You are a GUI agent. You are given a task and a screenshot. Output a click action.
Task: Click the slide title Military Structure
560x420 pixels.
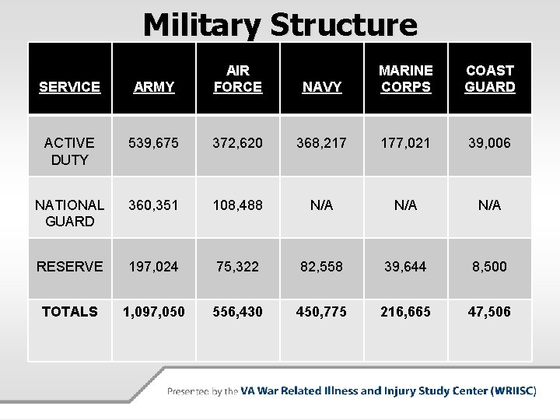(x=280, y=25)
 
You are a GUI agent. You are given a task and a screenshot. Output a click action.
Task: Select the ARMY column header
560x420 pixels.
(x=154, y=87)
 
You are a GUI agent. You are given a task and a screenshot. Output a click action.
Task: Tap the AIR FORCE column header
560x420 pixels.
(x=237, y=79)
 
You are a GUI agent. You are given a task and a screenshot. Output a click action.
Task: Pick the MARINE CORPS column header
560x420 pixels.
(x=405, y=79)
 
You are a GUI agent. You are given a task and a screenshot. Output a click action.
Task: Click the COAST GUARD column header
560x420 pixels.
(x=489, y=79)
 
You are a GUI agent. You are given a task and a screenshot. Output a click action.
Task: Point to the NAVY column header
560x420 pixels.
(x=321, y=87)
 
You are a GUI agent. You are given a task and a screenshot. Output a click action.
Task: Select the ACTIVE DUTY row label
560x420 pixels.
(x=69, y=151)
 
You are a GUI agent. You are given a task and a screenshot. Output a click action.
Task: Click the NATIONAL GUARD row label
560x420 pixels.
(x=69, y=212)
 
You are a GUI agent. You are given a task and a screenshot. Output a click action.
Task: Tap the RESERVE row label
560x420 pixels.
(x=69, y=267)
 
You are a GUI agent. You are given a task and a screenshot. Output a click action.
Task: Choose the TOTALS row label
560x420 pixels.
(x=69, y=311)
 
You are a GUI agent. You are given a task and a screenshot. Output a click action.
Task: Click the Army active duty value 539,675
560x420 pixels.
(x=154, y=143)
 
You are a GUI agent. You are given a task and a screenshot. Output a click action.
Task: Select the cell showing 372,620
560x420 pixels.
(x=237, y=143)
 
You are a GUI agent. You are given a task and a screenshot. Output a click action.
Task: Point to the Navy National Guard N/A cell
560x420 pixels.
(x=321, y=205)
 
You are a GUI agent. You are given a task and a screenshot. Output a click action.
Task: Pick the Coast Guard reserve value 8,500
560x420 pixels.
(x=489, y=267)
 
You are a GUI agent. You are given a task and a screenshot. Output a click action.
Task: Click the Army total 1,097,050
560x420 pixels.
(x=154, y=311)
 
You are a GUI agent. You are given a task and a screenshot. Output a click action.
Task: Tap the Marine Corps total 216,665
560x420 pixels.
(x=405, y=311)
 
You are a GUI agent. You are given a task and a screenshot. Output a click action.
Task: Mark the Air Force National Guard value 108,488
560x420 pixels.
(x=237, y=205)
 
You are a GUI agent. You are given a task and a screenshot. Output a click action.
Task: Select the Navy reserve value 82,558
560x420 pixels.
(x=321, y=267)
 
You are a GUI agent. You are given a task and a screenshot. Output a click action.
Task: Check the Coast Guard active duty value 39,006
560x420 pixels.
(x=489, y=143)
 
